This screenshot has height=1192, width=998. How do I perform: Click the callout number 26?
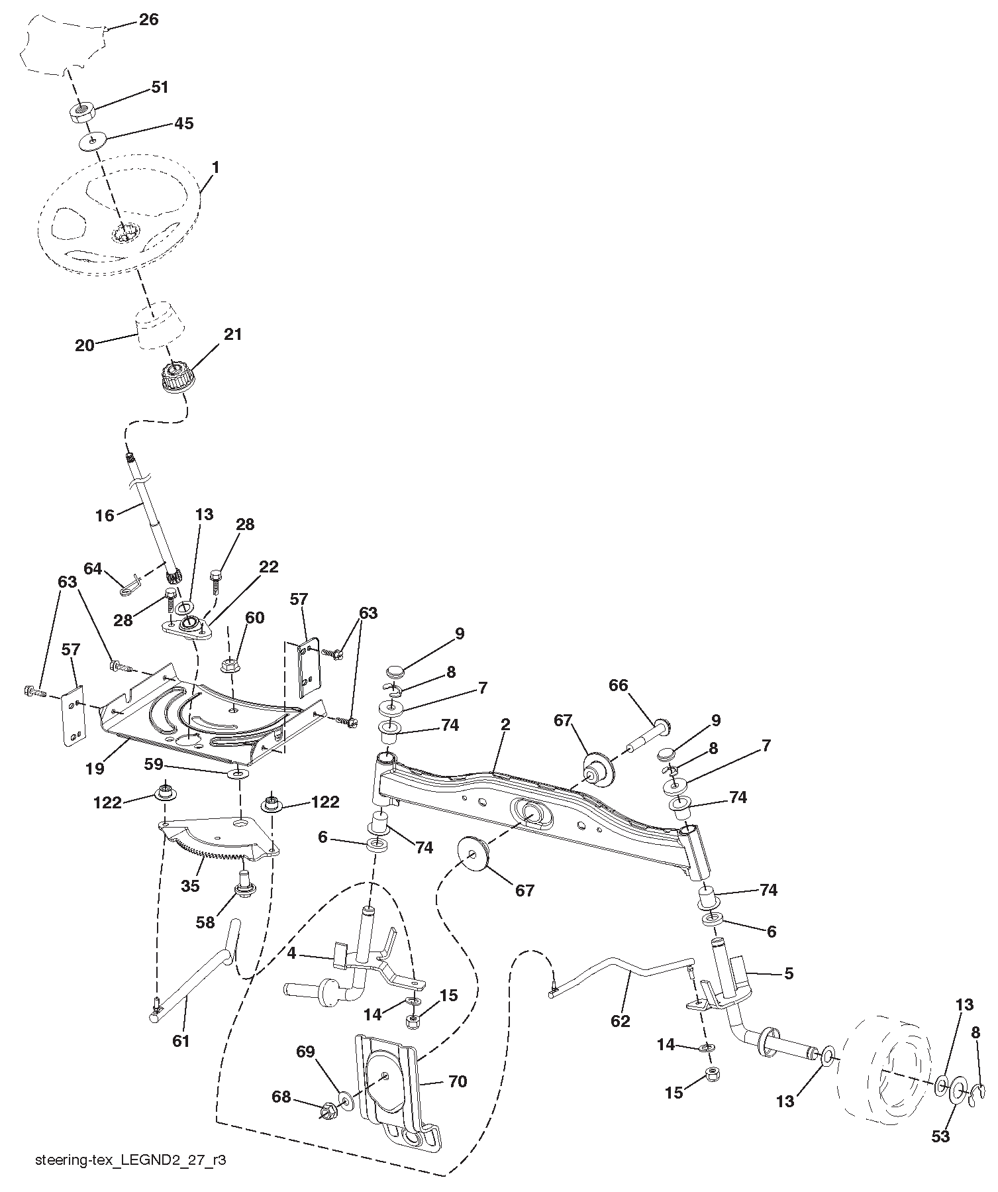point(149,19)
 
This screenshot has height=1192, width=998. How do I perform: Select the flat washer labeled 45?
point(93,140)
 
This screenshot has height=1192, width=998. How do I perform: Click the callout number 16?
point(105,514)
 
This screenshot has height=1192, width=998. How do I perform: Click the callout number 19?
point(95,769)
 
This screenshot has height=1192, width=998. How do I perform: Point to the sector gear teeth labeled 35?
point(205,852)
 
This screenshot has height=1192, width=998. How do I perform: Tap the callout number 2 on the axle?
point(505,724)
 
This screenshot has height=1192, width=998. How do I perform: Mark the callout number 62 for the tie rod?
point(621,1021)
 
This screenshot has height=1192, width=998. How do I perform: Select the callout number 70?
point(457,1082)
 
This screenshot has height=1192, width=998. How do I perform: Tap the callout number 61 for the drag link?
point(181,1041)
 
